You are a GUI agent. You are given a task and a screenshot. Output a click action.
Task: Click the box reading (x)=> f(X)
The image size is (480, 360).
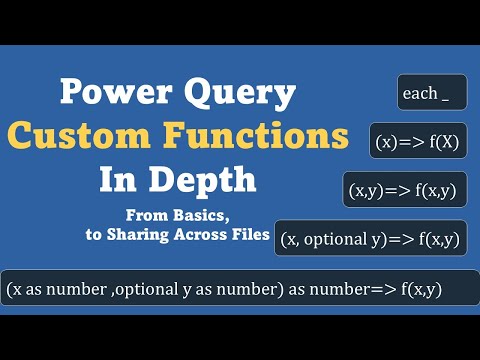coord(417,141)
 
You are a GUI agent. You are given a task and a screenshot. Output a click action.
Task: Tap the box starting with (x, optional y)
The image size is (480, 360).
coord(370,238)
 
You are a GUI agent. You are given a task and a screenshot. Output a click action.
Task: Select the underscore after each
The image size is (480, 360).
coord(445,99)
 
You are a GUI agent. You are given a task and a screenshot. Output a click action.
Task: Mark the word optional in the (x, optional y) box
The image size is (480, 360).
coord(342,238)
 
